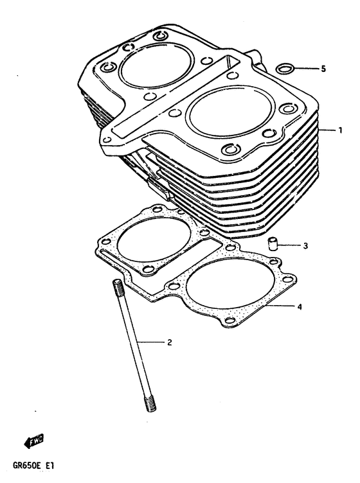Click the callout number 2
tap(169, 342)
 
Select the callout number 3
tap(306, 245)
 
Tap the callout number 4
tap(300, 306)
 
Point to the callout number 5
tap(324, 68)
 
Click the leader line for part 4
tap(279, 306)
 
